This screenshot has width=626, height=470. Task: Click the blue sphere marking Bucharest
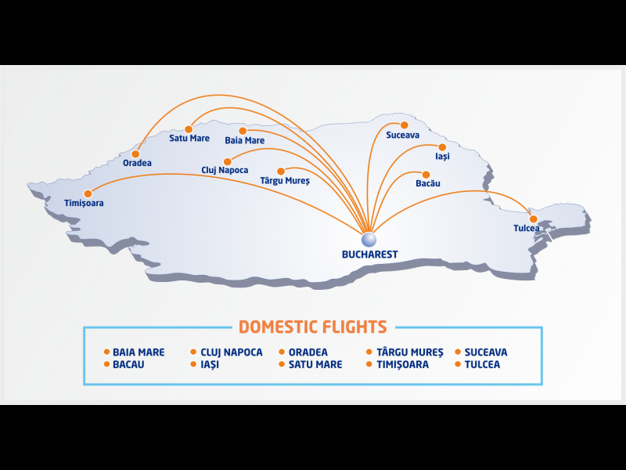pos(369,240)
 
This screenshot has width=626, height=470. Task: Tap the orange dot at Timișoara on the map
pos(88,193)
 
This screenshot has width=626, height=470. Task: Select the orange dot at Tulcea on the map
pos(534,219)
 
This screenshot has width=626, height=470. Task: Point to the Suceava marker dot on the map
pos(405,125)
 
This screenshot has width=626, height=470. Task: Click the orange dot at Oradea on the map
pos(135,154)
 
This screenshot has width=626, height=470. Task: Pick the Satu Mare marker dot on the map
pos(189,129)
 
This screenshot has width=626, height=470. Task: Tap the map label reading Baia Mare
pos(245,141)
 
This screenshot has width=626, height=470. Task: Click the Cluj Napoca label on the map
pos(225,170)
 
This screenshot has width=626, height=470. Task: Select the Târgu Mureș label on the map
pos(285,181)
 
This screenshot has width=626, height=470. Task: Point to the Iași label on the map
pos(442,156)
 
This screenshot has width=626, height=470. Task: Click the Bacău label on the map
pos(428,183)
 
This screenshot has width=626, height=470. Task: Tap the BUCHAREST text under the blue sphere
pos(369,255)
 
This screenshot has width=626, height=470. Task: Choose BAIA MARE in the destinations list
pos(139,352)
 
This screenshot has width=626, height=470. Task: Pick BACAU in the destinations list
pos(128,364)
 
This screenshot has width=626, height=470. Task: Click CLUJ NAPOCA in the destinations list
pos(232,352)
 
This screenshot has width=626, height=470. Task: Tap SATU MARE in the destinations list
pos(315,364)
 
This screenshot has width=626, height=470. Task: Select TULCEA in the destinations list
pos(482,364)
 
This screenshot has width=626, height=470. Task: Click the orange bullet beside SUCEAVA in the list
pos(458,352)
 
